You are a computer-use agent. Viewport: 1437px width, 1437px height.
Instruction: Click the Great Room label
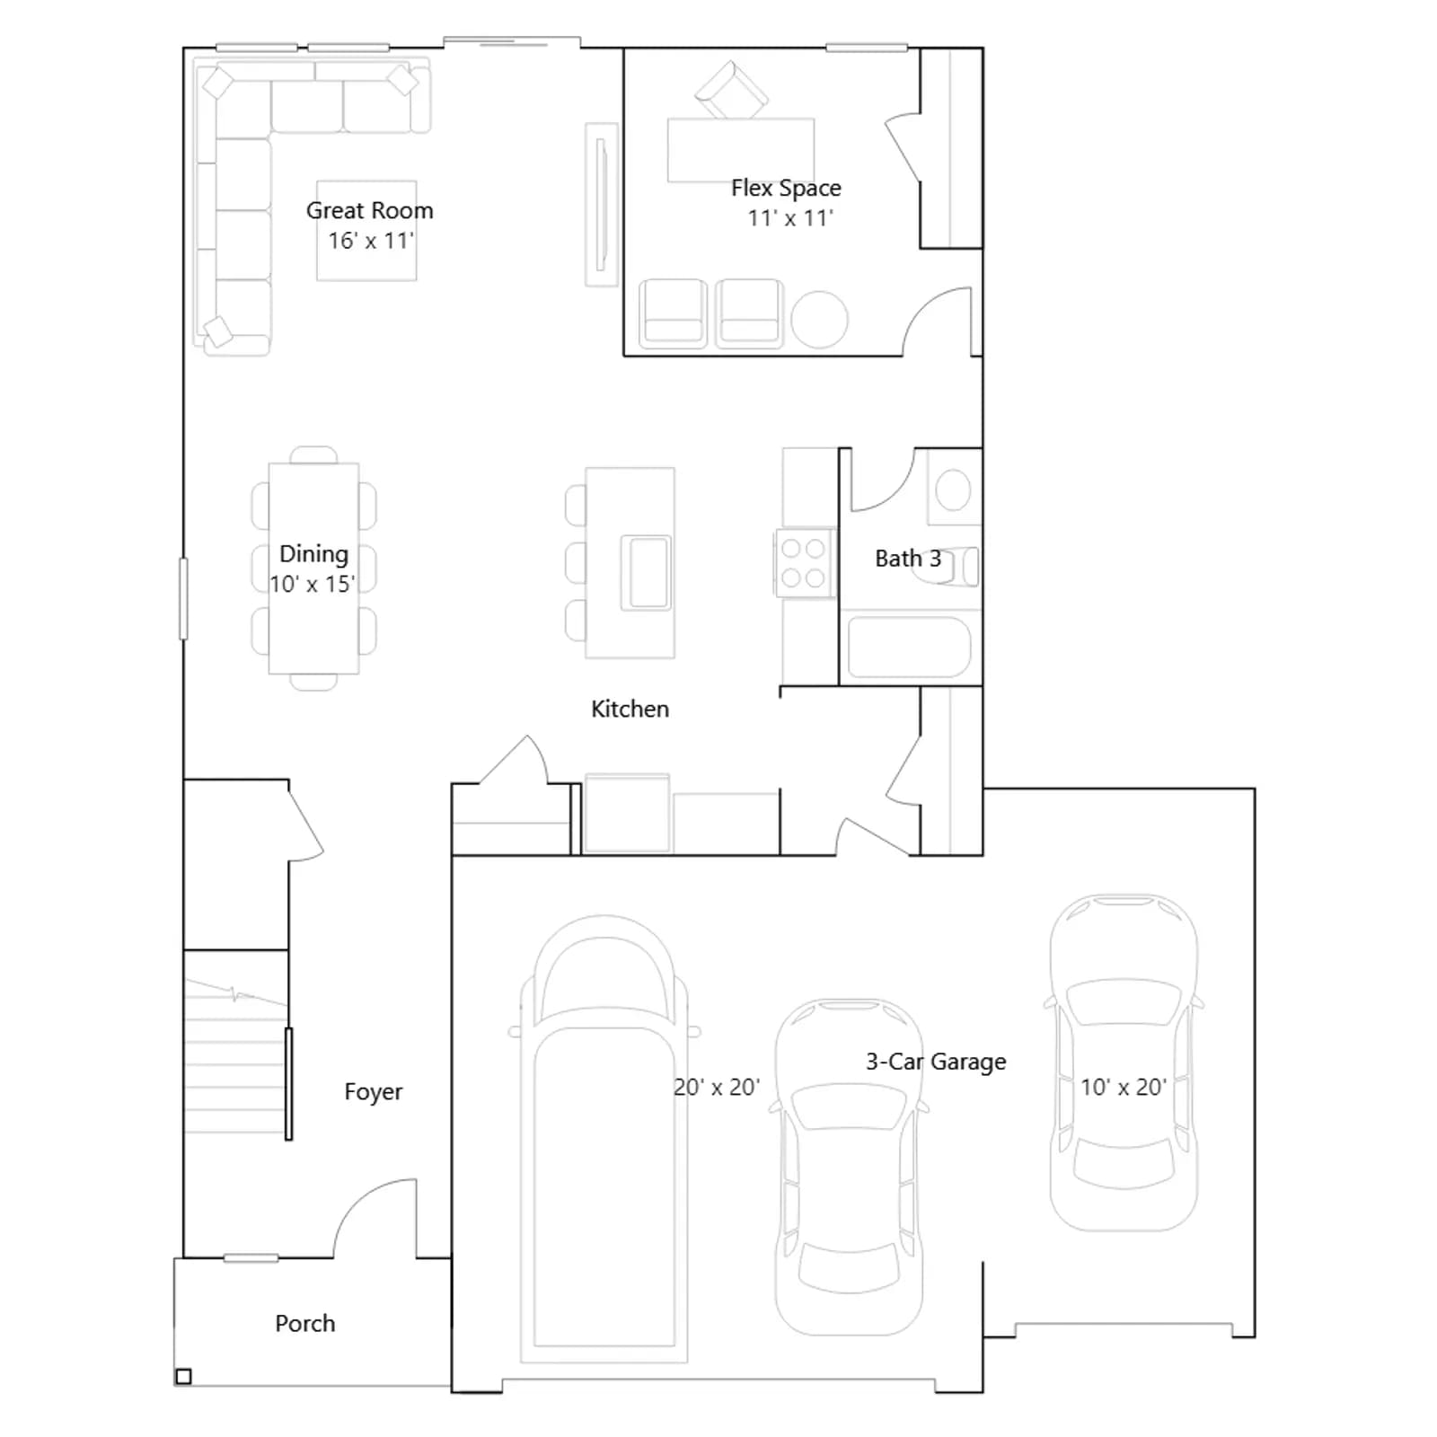click(369, 210)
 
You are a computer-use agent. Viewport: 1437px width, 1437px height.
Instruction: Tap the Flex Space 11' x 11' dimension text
click(790, 218)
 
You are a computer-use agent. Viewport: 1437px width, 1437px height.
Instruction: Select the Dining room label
click(313, 553)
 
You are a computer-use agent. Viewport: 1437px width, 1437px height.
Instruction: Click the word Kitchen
click(630, 709)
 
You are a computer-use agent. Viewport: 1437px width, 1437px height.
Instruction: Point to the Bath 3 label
click(908, 559)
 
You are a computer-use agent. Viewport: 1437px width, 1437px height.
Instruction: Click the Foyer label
click(373, 1092)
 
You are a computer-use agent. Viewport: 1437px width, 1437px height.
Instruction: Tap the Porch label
click(304, 1323)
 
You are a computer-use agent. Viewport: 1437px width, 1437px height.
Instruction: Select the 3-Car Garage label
click(936, 1062)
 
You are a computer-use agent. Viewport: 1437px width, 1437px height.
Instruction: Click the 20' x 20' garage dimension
click(717, 1088)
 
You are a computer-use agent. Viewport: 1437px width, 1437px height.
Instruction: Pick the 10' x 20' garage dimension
click(1124, 1088)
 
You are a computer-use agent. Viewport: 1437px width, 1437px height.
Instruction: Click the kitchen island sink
click(648, 572)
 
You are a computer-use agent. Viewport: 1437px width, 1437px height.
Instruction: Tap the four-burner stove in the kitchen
click(804, 563)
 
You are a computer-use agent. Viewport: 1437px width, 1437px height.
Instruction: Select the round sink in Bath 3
click(953, 490)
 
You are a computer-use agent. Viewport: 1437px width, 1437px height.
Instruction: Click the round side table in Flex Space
click(819, 320)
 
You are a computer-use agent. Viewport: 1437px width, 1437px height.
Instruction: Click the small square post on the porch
click(183, 1376)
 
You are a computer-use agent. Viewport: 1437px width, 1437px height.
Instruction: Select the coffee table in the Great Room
click(366, 231)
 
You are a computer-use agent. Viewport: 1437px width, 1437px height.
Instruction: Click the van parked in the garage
click(604, 1139)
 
